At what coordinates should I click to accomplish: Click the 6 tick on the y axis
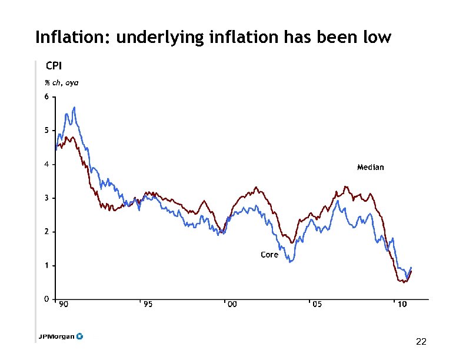46,96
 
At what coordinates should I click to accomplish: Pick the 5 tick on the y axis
46,130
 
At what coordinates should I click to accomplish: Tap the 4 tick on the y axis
46,164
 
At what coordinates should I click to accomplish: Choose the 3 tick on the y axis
46,198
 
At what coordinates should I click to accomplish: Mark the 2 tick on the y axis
46,232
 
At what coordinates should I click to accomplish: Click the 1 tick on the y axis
46,266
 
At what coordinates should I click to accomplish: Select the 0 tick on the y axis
46,299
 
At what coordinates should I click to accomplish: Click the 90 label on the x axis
64,305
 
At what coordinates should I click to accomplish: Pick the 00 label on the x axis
232,305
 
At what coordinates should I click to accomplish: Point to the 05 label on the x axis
317,305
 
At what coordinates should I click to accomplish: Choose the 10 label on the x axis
401,305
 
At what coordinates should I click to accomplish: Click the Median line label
370,168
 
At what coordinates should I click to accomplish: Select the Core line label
269,255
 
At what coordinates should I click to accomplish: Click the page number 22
421,342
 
